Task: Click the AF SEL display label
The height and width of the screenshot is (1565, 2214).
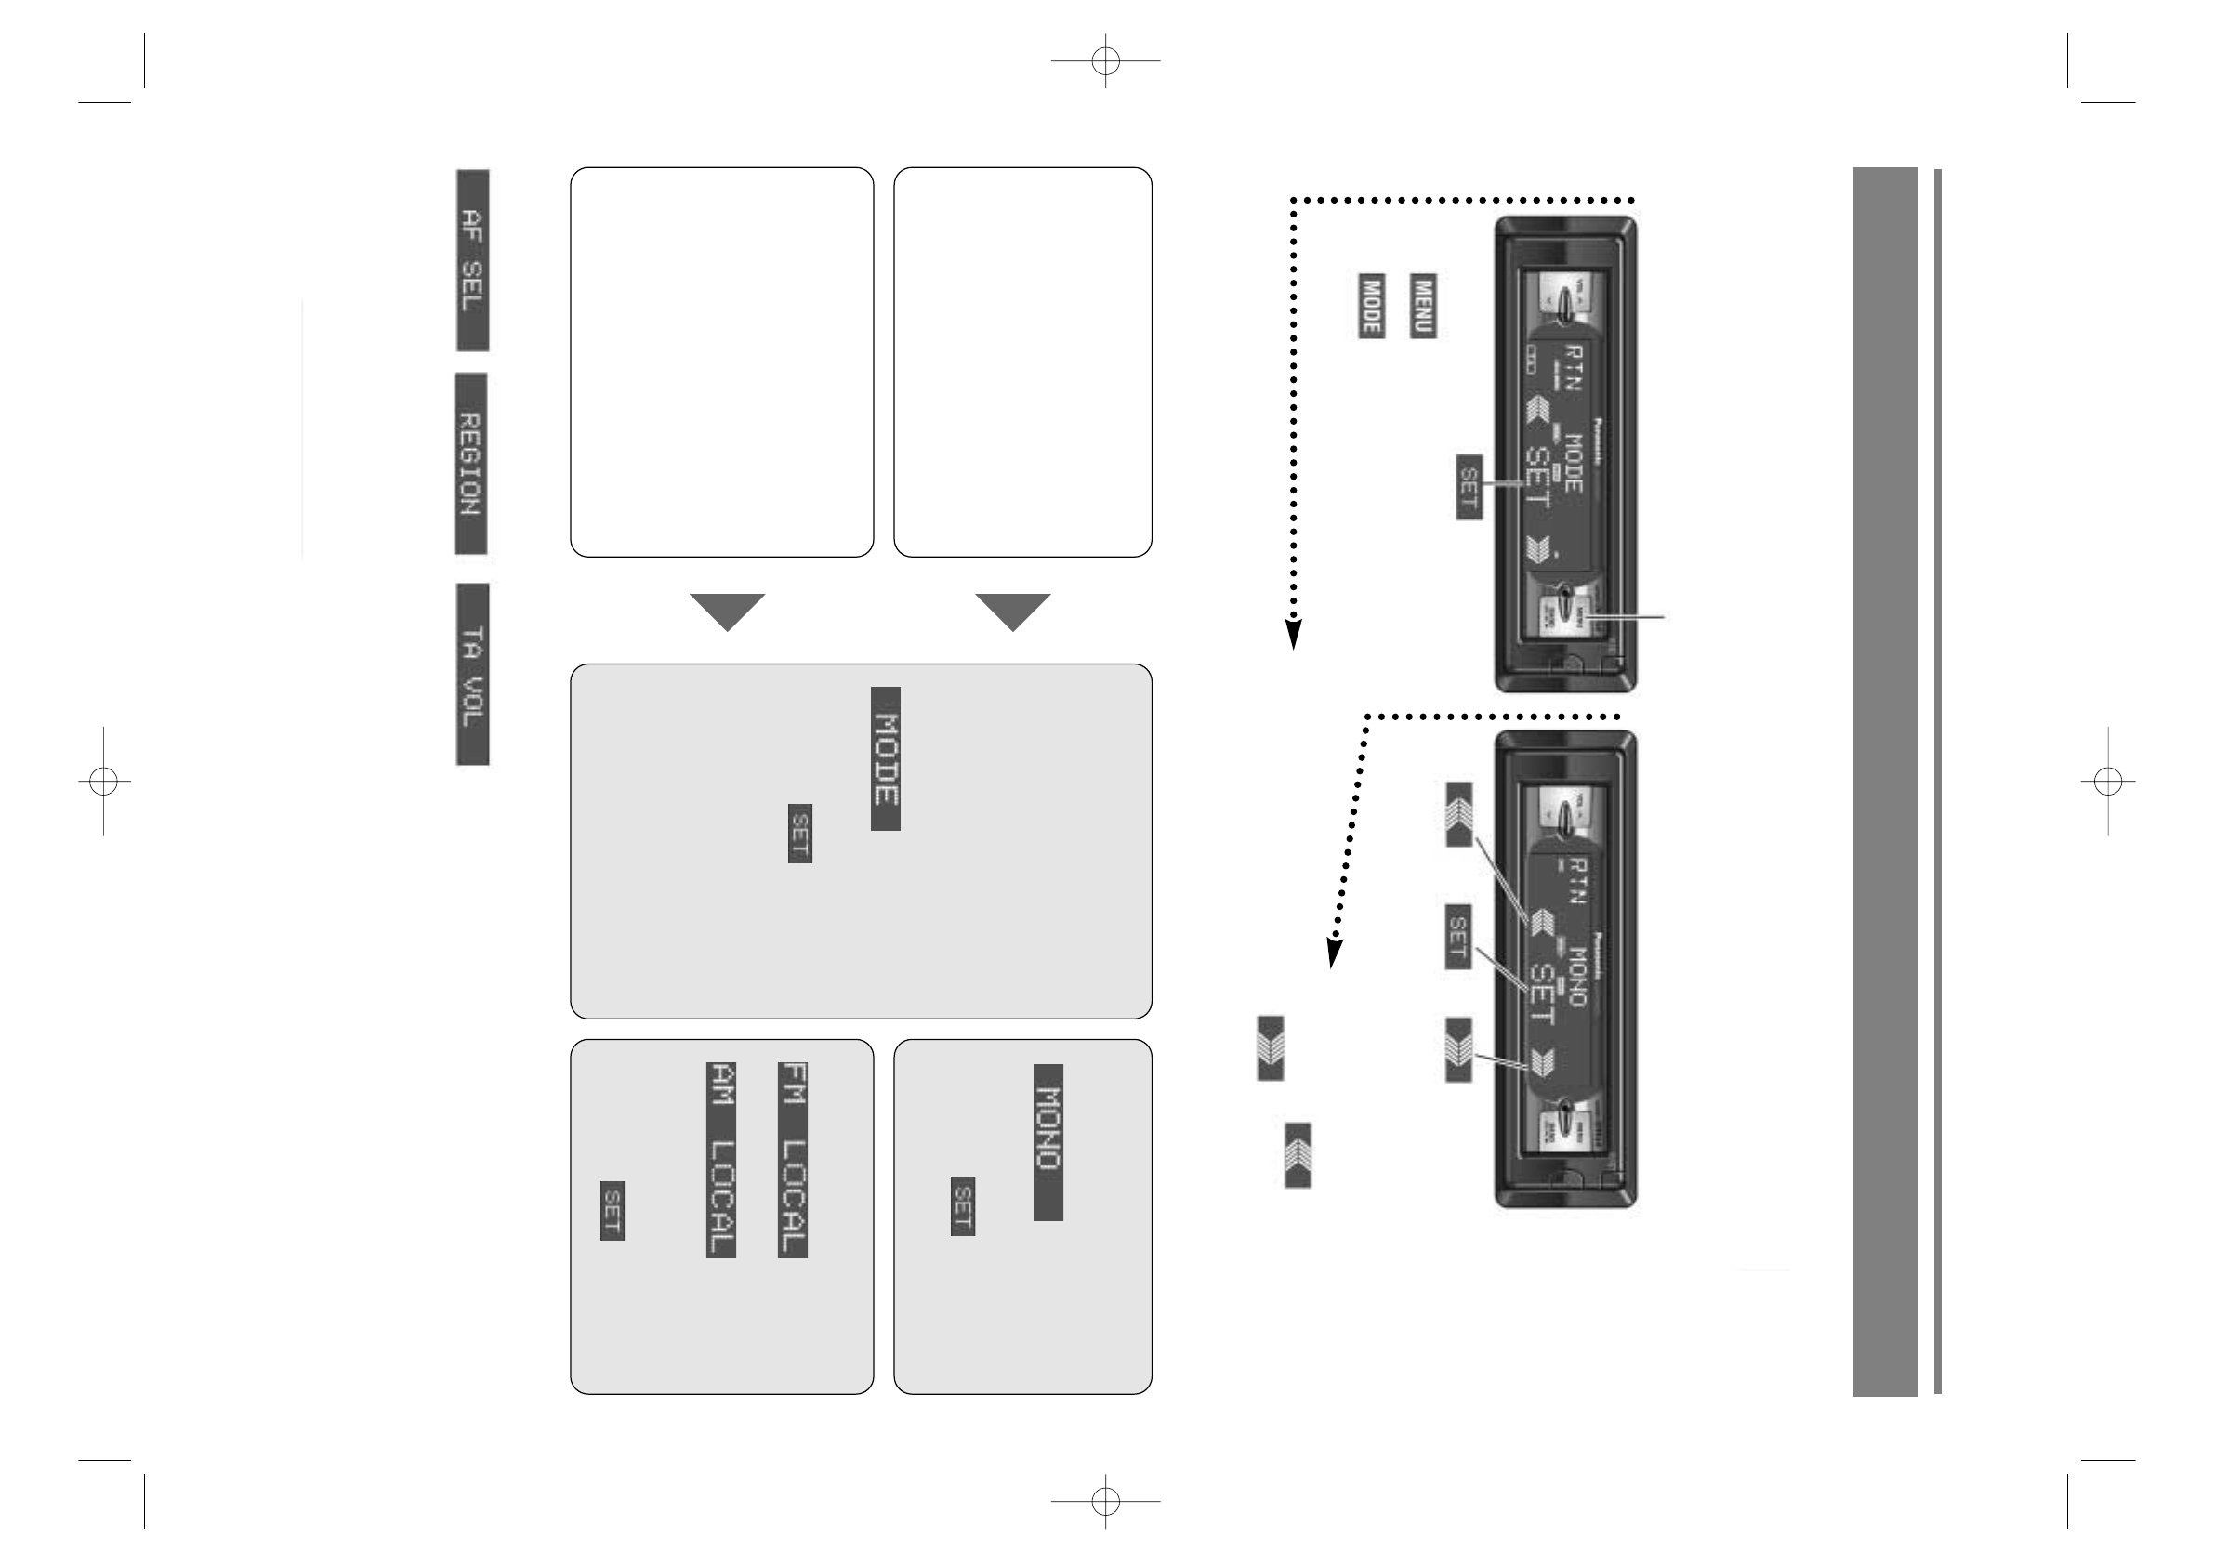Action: tap(472, 260)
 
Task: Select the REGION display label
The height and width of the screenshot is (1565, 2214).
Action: tap(470, 464)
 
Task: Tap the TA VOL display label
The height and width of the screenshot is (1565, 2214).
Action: tap(472, 674)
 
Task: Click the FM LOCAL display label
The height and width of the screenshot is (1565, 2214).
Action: tap(793, 1160)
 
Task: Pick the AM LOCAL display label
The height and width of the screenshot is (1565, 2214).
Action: tap(721, 1160)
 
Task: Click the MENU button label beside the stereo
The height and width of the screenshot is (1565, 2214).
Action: tap(1423, 306)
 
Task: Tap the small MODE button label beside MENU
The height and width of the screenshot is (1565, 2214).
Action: tap(1371, 306)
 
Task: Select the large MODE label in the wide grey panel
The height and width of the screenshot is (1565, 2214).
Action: tap(886, 759)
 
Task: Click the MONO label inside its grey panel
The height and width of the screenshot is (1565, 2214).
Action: tap(1048, 1142)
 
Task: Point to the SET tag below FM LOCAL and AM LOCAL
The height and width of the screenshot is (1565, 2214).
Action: tap(613, 1210)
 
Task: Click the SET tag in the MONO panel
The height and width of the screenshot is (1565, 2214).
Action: tap(962, 1205)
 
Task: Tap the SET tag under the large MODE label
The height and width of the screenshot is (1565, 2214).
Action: tap(800, 833)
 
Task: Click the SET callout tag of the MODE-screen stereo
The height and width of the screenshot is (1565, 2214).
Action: tap(1469, 487)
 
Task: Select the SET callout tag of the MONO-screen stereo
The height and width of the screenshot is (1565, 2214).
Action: tap(1458, 935)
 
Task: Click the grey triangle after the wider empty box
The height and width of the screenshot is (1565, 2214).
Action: tap(728, 612)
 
